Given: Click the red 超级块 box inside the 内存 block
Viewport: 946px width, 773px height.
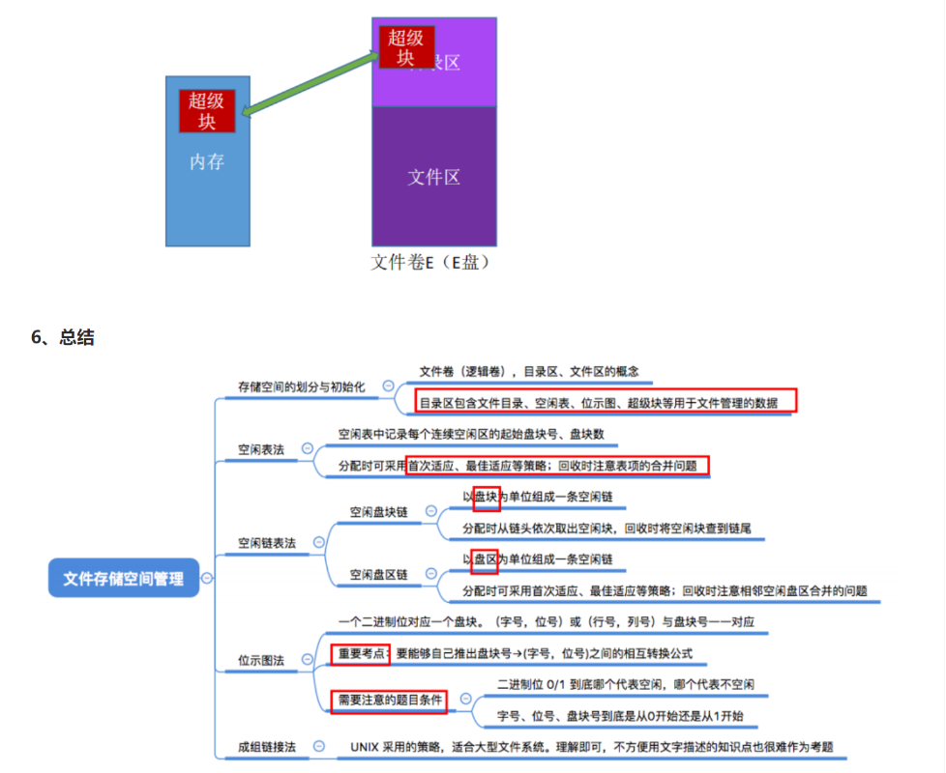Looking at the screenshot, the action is point(207,110).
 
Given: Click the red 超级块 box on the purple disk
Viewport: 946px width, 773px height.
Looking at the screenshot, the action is point(405,47).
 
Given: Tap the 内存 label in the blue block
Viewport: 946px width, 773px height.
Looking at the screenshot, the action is point(207,161).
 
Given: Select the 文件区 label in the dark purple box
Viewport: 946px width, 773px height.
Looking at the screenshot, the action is point(433,177).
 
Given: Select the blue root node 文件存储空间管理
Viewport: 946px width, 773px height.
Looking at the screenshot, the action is point(123,578).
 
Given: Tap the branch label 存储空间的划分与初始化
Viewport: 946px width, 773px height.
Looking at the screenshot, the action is point(301,386).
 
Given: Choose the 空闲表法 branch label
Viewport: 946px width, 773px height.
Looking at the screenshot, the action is point(261,449).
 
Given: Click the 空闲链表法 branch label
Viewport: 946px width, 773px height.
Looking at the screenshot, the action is point(267,544).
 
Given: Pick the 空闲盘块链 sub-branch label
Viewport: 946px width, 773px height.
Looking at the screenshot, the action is point(378,511).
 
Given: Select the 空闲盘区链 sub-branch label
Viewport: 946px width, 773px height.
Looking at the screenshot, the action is point(378,574).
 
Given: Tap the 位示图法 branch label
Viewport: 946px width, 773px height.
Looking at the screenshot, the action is point(261,661).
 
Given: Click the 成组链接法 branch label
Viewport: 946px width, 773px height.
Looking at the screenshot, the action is point(267,747).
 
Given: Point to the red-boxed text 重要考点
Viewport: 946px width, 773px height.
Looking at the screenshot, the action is point(361,654).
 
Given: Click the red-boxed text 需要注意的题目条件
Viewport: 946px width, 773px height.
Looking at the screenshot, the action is point(387,699).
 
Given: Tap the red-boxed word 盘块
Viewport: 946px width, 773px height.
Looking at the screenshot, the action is point(486,498).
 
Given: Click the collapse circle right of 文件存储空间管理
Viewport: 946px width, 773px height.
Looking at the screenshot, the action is point(206,578).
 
